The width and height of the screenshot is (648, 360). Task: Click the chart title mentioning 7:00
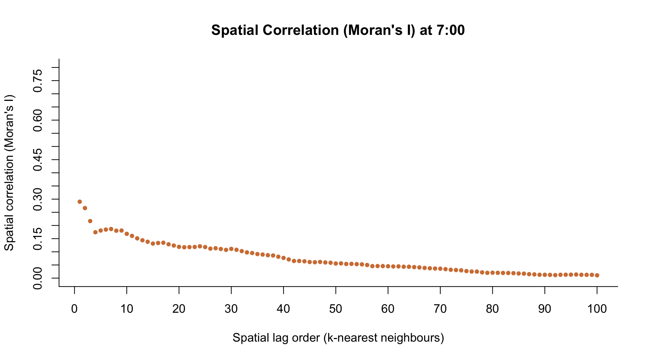click(337, 30)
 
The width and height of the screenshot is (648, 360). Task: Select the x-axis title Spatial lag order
click(338, 338)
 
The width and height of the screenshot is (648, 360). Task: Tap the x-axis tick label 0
click(75, 309)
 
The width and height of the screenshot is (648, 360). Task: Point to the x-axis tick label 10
click(127, 309)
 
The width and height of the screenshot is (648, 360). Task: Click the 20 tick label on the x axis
click(179, 309)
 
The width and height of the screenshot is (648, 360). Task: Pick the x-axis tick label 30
click(231, 309)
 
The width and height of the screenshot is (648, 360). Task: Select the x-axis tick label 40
click(283, 309)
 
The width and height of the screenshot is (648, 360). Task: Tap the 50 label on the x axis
click(336, 309)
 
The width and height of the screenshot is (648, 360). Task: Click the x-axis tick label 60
click(388, 309)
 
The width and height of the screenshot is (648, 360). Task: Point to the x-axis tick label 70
click(440, 309)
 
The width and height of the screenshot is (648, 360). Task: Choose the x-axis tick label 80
click(492, 309)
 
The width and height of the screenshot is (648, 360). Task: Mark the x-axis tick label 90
click(544, 309)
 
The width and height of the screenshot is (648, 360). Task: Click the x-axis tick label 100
click(597, 309)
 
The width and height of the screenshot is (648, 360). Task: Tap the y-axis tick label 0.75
click(37, 81)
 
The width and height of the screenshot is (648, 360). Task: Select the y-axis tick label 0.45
click(37, 159)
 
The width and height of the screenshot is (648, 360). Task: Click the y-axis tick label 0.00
click(37, 278)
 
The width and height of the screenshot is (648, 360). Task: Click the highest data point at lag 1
click(79, 202)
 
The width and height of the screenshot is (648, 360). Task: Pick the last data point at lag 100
click(597, 275)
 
